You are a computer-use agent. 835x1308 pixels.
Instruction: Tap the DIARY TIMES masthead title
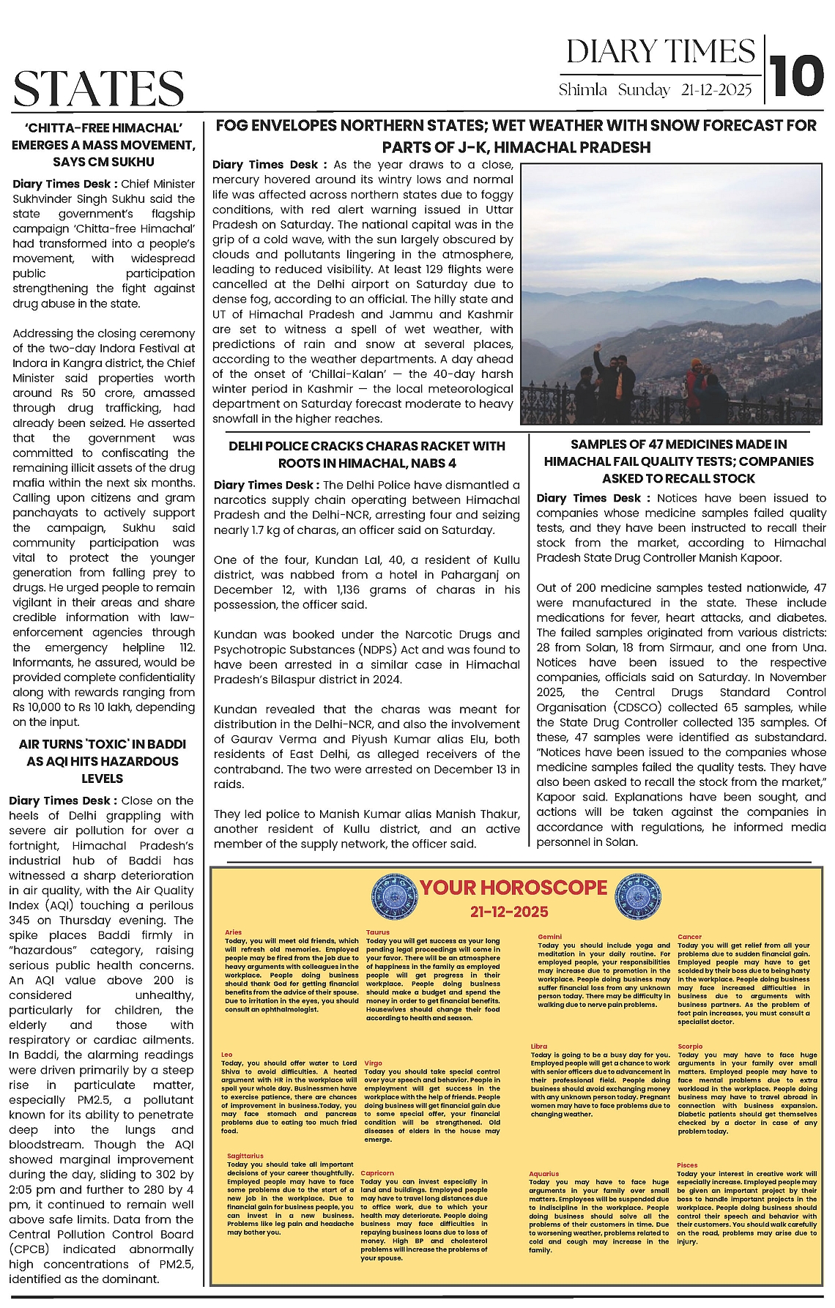click(x=660, y=52)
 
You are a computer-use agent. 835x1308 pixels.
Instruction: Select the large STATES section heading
click(x=98, y=89)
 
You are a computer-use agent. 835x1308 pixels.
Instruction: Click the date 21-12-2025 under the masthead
click(x=716, y=90)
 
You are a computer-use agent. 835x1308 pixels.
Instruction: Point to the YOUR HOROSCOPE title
click(x=513, y=888)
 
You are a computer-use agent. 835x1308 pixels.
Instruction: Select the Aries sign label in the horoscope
click(x=233, y=932)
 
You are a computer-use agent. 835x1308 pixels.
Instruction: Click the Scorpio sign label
click(x=690, y=1047)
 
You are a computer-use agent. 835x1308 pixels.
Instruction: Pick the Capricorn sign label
click(x=377, y=1173)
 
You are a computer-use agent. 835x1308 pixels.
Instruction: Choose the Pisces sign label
click(x=687, y=1165)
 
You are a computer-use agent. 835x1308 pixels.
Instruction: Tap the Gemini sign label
click(x=549, y=937)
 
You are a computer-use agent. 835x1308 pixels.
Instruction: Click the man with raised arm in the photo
click(x=610, y=381)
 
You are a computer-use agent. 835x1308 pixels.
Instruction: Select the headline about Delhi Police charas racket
click(x=366, y=454)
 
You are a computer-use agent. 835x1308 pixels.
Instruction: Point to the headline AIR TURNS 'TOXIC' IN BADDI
click(x=103, y=761)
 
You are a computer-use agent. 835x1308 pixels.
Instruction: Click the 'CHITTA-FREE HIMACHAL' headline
click(x=103, y=144)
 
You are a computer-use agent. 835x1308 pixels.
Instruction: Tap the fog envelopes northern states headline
click(x=516, y=136)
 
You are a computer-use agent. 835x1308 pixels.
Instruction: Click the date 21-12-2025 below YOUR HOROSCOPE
click(x=509, y=912)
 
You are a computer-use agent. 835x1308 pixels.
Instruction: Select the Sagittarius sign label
click(x=245, y=1156)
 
